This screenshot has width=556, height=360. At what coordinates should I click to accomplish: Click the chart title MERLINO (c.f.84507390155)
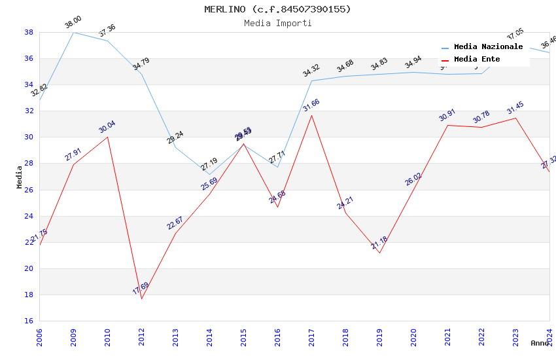(277, 9)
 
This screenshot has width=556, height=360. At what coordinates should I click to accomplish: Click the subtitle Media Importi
(277, 23)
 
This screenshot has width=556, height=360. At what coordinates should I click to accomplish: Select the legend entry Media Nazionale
(488, 47)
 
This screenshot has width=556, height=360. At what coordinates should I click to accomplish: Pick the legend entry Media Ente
(477, 60)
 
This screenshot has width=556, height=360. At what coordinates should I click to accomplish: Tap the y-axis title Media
(20, 176)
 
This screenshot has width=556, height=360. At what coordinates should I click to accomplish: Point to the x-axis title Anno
(540, 343)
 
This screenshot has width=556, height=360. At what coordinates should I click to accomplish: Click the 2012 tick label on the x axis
(141, 338)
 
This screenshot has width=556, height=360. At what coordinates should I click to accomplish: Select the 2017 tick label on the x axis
(311, 338)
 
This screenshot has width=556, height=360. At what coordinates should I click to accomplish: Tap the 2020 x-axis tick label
(413, 338)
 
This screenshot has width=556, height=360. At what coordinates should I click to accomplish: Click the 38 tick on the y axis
(29, 32)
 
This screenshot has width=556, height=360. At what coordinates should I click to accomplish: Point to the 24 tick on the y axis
(29, 216)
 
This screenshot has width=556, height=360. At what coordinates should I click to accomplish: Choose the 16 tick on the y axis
(29, 321)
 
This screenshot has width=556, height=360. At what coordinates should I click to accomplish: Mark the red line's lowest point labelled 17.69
(141, 299)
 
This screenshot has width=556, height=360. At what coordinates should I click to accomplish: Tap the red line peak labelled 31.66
(311, 115)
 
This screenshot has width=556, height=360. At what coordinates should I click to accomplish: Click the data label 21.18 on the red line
(379, 244)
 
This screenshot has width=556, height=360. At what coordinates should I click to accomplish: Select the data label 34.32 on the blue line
(311, 71)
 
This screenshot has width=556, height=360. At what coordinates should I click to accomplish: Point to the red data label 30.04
(107, 127)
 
